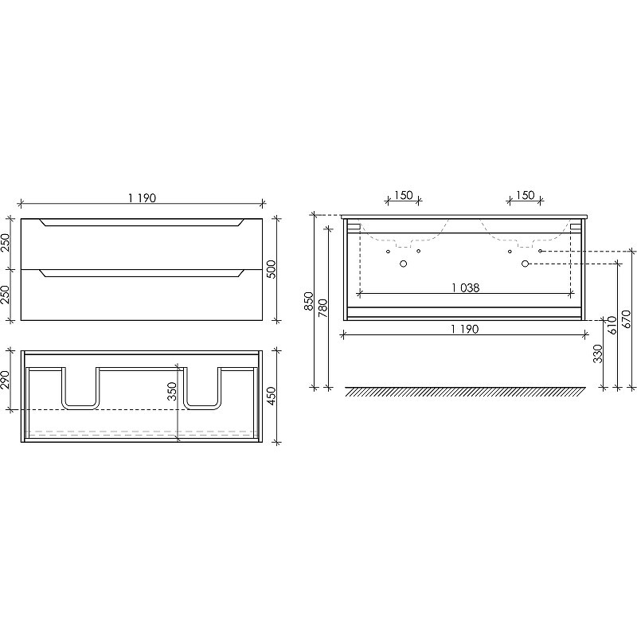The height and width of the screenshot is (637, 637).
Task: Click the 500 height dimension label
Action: click(x=272, y=269)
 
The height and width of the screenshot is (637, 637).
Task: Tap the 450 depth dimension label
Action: click(x=272, y=396)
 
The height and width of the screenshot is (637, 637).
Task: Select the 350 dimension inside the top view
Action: click(x=172, y=391)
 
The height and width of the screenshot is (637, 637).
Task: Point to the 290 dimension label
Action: click(x=6, y=380)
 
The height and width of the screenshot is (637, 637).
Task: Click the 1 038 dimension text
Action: click(x=466, y=287)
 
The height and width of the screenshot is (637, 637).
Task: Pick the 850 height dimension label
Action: click(x=309, y=301)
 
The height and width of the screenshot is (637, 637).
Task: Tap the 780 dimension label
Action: click(x=322, y=308)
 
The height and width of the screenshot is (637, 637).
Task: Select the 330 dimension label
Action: click(x=598, y=354)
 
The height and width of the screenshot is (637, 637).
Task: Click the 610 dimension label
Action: click(x=612, y=325)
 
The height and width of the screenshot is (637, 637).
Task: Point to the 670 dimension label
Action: click(x=626, y=319)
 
